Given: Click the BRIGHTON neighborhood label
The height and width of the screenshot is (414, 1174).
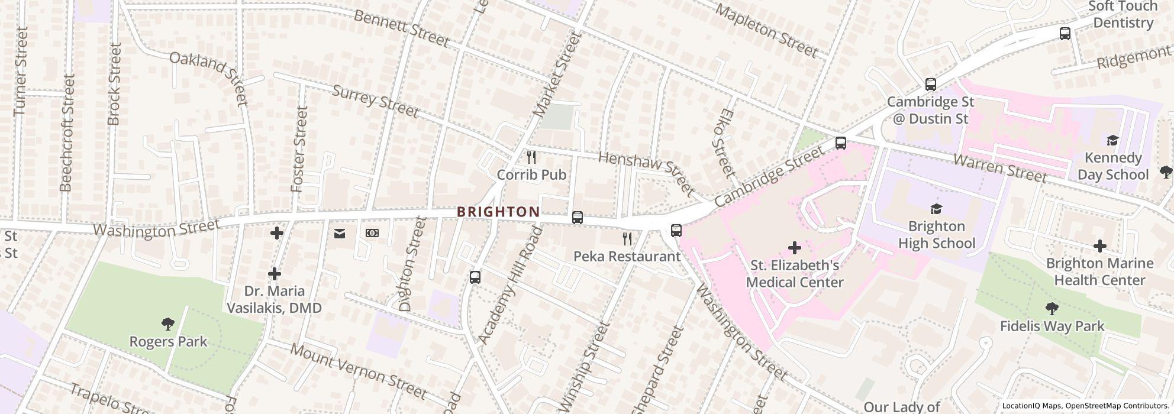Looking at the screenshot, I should (x=498, y=212).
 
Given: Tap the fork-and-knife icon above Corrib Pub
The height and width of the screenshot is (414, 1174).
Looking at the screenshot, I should (x=531, y=157).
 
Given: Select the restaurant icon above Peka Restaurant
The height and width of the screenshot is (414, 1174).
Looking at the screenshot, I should (x=627, y=239).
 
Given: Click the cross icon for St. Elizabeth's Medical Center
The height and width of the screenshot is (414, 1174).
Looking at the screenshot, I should (x=794, y=247).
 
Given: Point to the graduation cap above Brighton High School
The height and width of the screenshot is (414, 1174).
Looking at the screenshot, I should (x=936, y=209).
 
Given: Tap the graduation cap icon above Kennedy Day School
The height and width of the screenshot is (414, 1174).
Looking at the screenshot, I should (x=1112, y=140).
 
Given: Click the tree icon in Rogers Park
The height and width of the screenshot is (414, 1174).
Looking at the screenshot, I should (x=168, y=324).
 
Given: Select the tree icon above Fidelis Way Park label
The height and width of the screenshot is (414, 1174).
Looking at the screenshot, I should (x=1052, y=308).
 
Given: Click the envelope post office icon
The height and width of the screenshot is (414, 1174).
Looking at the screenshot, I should (x=340, y=234).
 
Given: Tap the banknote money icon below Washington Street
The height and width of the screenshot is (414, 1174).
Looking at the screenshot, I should (x=372, y=234).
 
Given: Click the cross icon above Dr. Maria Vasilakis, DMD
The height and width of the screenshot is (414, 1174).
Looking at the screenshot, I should (x=274, y=274).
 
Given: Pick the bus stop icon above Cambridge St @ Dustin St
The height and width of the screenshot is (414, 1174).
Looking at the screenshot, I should (x=930, y=85).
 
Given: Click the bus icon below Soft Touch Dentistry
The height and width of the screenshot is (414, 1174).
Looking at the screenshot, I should (x=1065, y=34).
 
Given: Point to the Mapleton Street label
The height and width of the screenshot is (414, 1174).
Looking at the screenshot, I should (x=766, y=31).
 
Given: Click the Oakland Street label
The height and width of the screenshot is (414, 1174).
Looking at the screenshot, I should (x=208, y=77).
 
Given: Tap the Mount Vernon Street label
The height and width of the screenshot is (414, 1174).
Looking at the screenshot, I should (x=358, y=370).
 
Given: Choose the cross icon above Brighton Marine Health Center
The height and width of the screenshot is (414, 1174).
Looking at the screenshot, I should (x=1099, y=246).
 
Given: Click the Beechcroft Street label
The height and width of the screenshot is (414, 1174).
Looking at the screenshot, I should (x=67, y=132).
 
